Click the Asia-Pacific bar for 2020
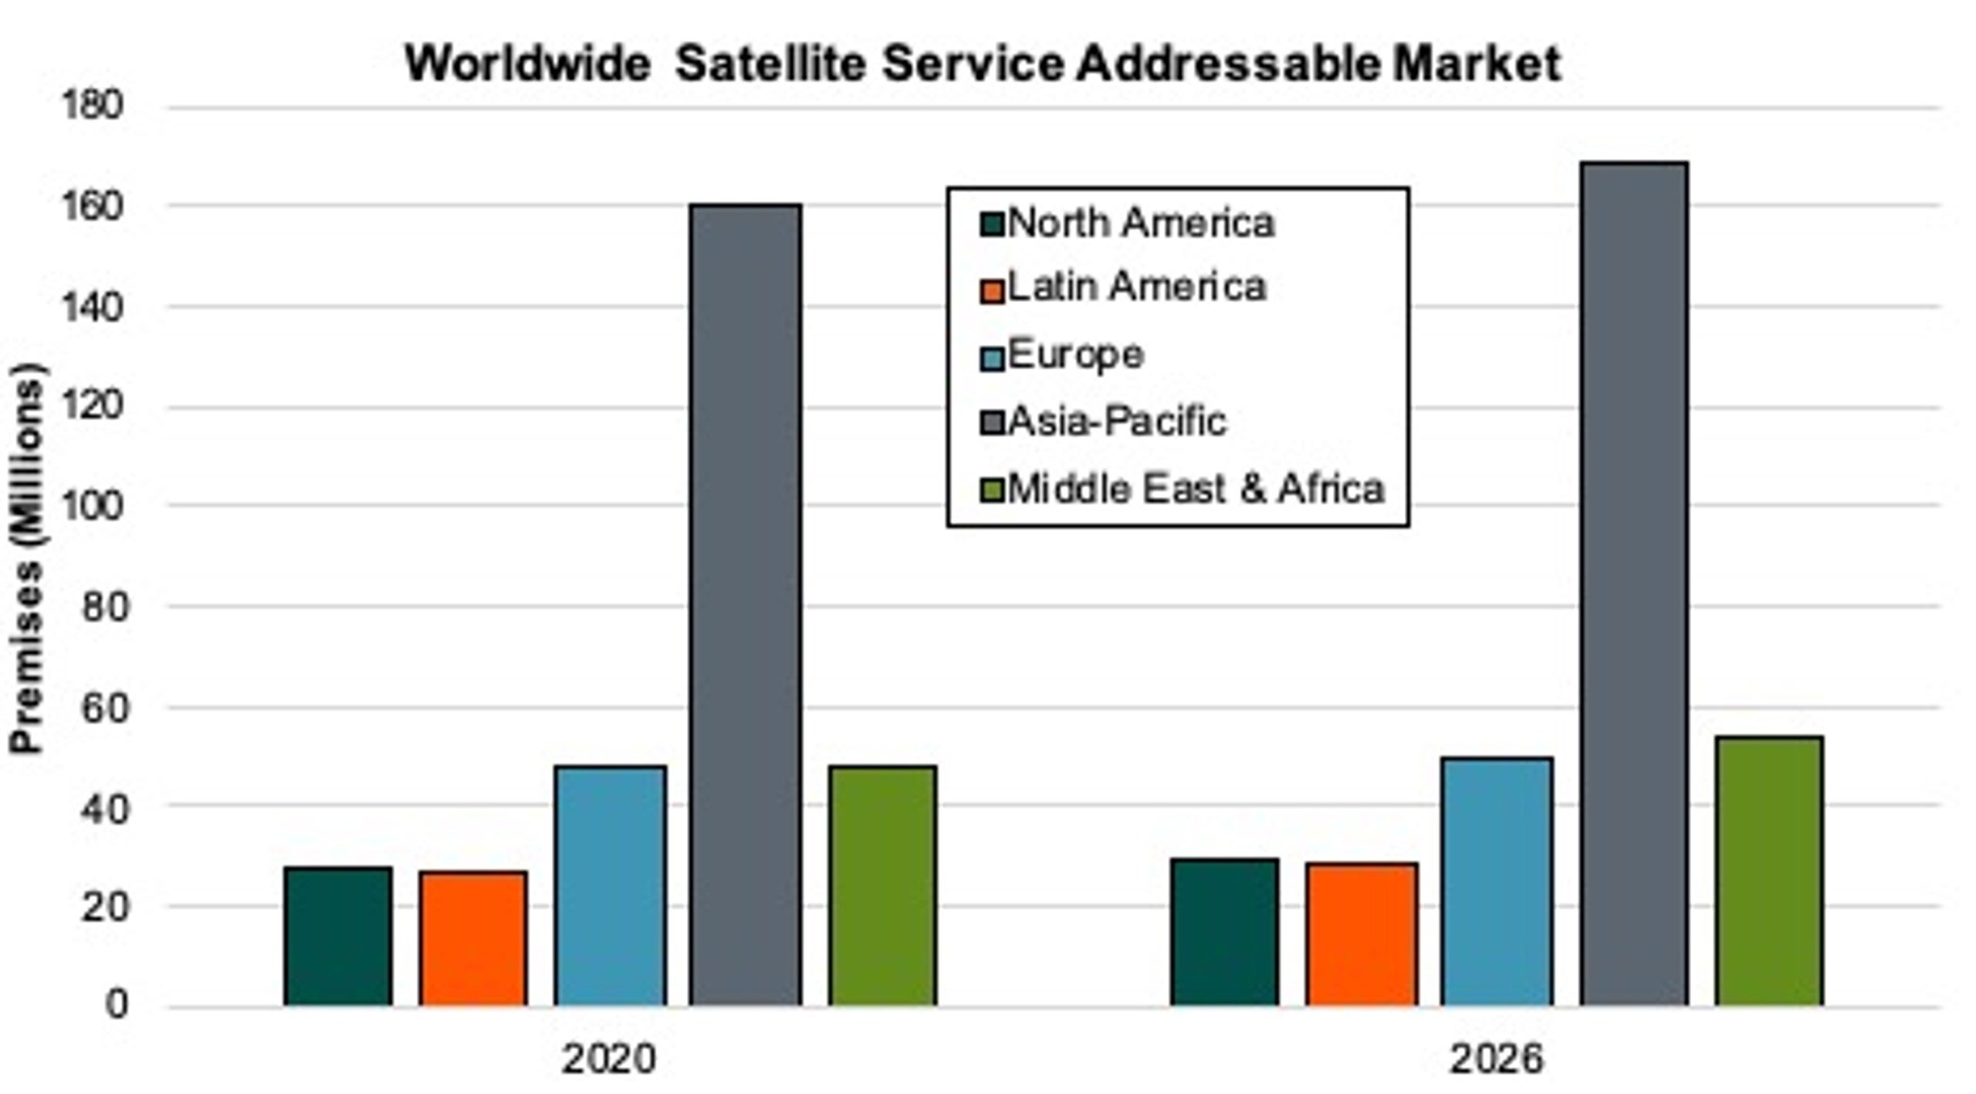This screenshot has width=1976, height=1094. coord(746,605)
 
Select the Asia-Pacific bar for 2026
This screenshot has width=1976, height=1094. coord(1633,584)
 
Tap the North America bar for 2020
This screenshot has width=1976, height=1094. coord(338,936)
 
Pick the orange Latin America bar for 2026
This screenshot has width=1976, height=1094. coord(1362,934)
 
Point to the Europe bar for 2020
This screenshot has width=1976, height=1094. coord(610,886)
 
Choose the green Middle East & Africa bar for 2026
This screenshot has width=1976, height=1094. coord(1769,871)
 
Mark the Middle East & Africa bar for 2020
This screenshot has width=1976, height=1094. coord(882,886)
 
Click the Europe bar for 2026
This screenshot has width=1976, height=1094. coord(1497,882)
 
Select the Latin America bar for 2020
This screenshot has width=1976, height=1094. coord(473,938)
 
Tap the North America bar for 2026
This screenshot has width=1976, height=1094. coord(1224,932)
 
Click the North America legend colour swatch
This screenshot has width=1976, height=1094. coord(992,225)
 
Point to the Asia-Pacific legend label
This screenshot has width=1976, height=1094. coord(1117,422)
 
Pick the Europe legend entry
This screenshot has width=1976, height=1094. coord(1075,355)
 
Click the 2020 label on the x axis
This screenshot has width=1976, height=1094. coord(608,1058)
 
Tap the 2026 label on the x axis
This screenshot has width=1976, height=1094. coord(1496,1058)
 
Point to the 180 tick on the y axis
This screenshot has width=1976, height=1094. coord(92,106)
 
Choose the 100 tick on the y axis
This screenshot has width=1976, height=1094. coord(92,506)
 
